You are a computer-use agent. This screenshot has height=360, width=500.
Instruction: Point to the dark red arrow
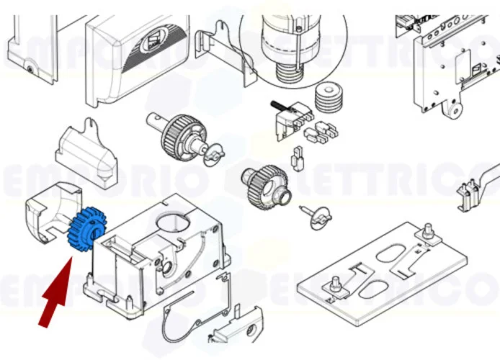(56, 296)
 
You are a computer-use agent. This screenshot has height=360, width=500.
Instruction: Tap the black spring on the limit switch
(277, 105)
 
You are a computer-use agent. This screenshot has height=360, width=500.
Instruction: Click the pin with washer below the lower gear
(317, 215)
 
